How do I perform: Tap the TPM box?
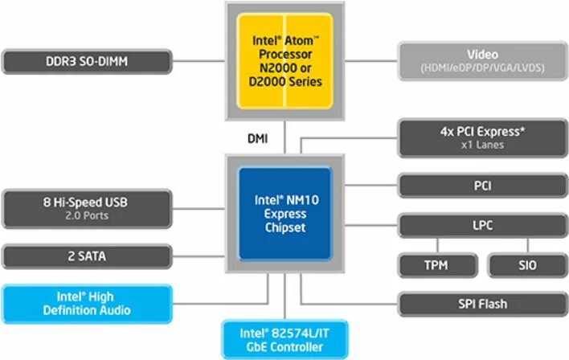coord(437,264)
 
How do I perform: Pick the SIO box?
coord(526,264)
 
